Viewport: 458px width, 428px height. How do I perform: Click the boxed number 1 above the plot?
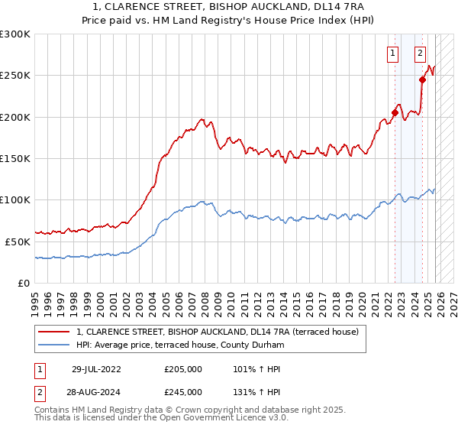coord(392,53)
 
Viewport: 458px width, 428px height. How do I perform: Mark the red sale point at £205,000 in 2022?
coord(395,112)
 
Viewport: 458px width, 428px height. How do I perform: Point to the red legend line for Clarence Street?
coord(54,332)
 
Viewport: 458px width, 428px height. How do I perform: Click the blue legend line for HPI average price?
coord(54,345)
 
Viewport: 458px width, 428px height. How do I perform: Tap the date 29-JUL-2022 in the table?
coord(96,369)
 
